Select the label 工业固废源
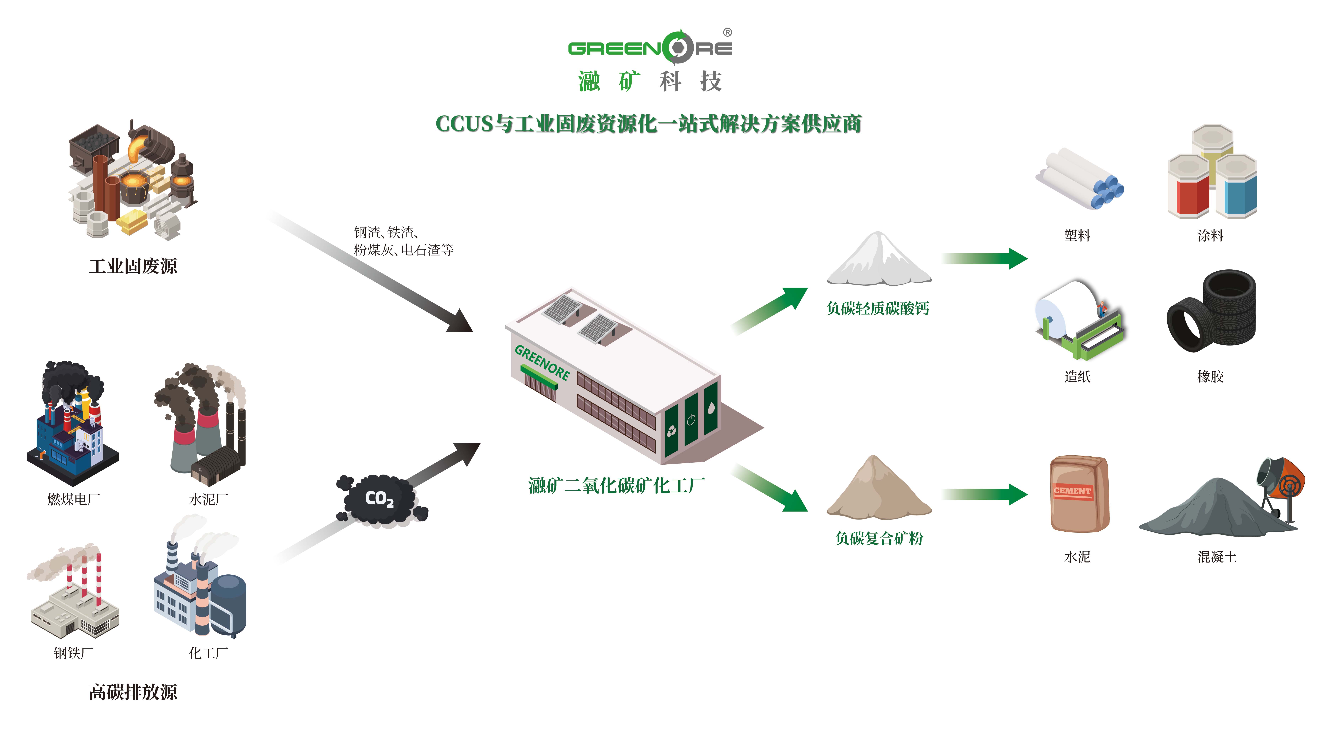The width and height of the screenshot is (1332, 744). click(133, 266)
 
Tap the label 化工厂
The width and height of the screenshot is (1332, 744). click(208, 653)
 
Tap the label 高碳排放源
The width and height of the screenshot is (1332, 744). click(133, 692)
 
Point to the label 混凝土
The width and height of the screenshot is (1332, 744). click(1217, 557)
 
